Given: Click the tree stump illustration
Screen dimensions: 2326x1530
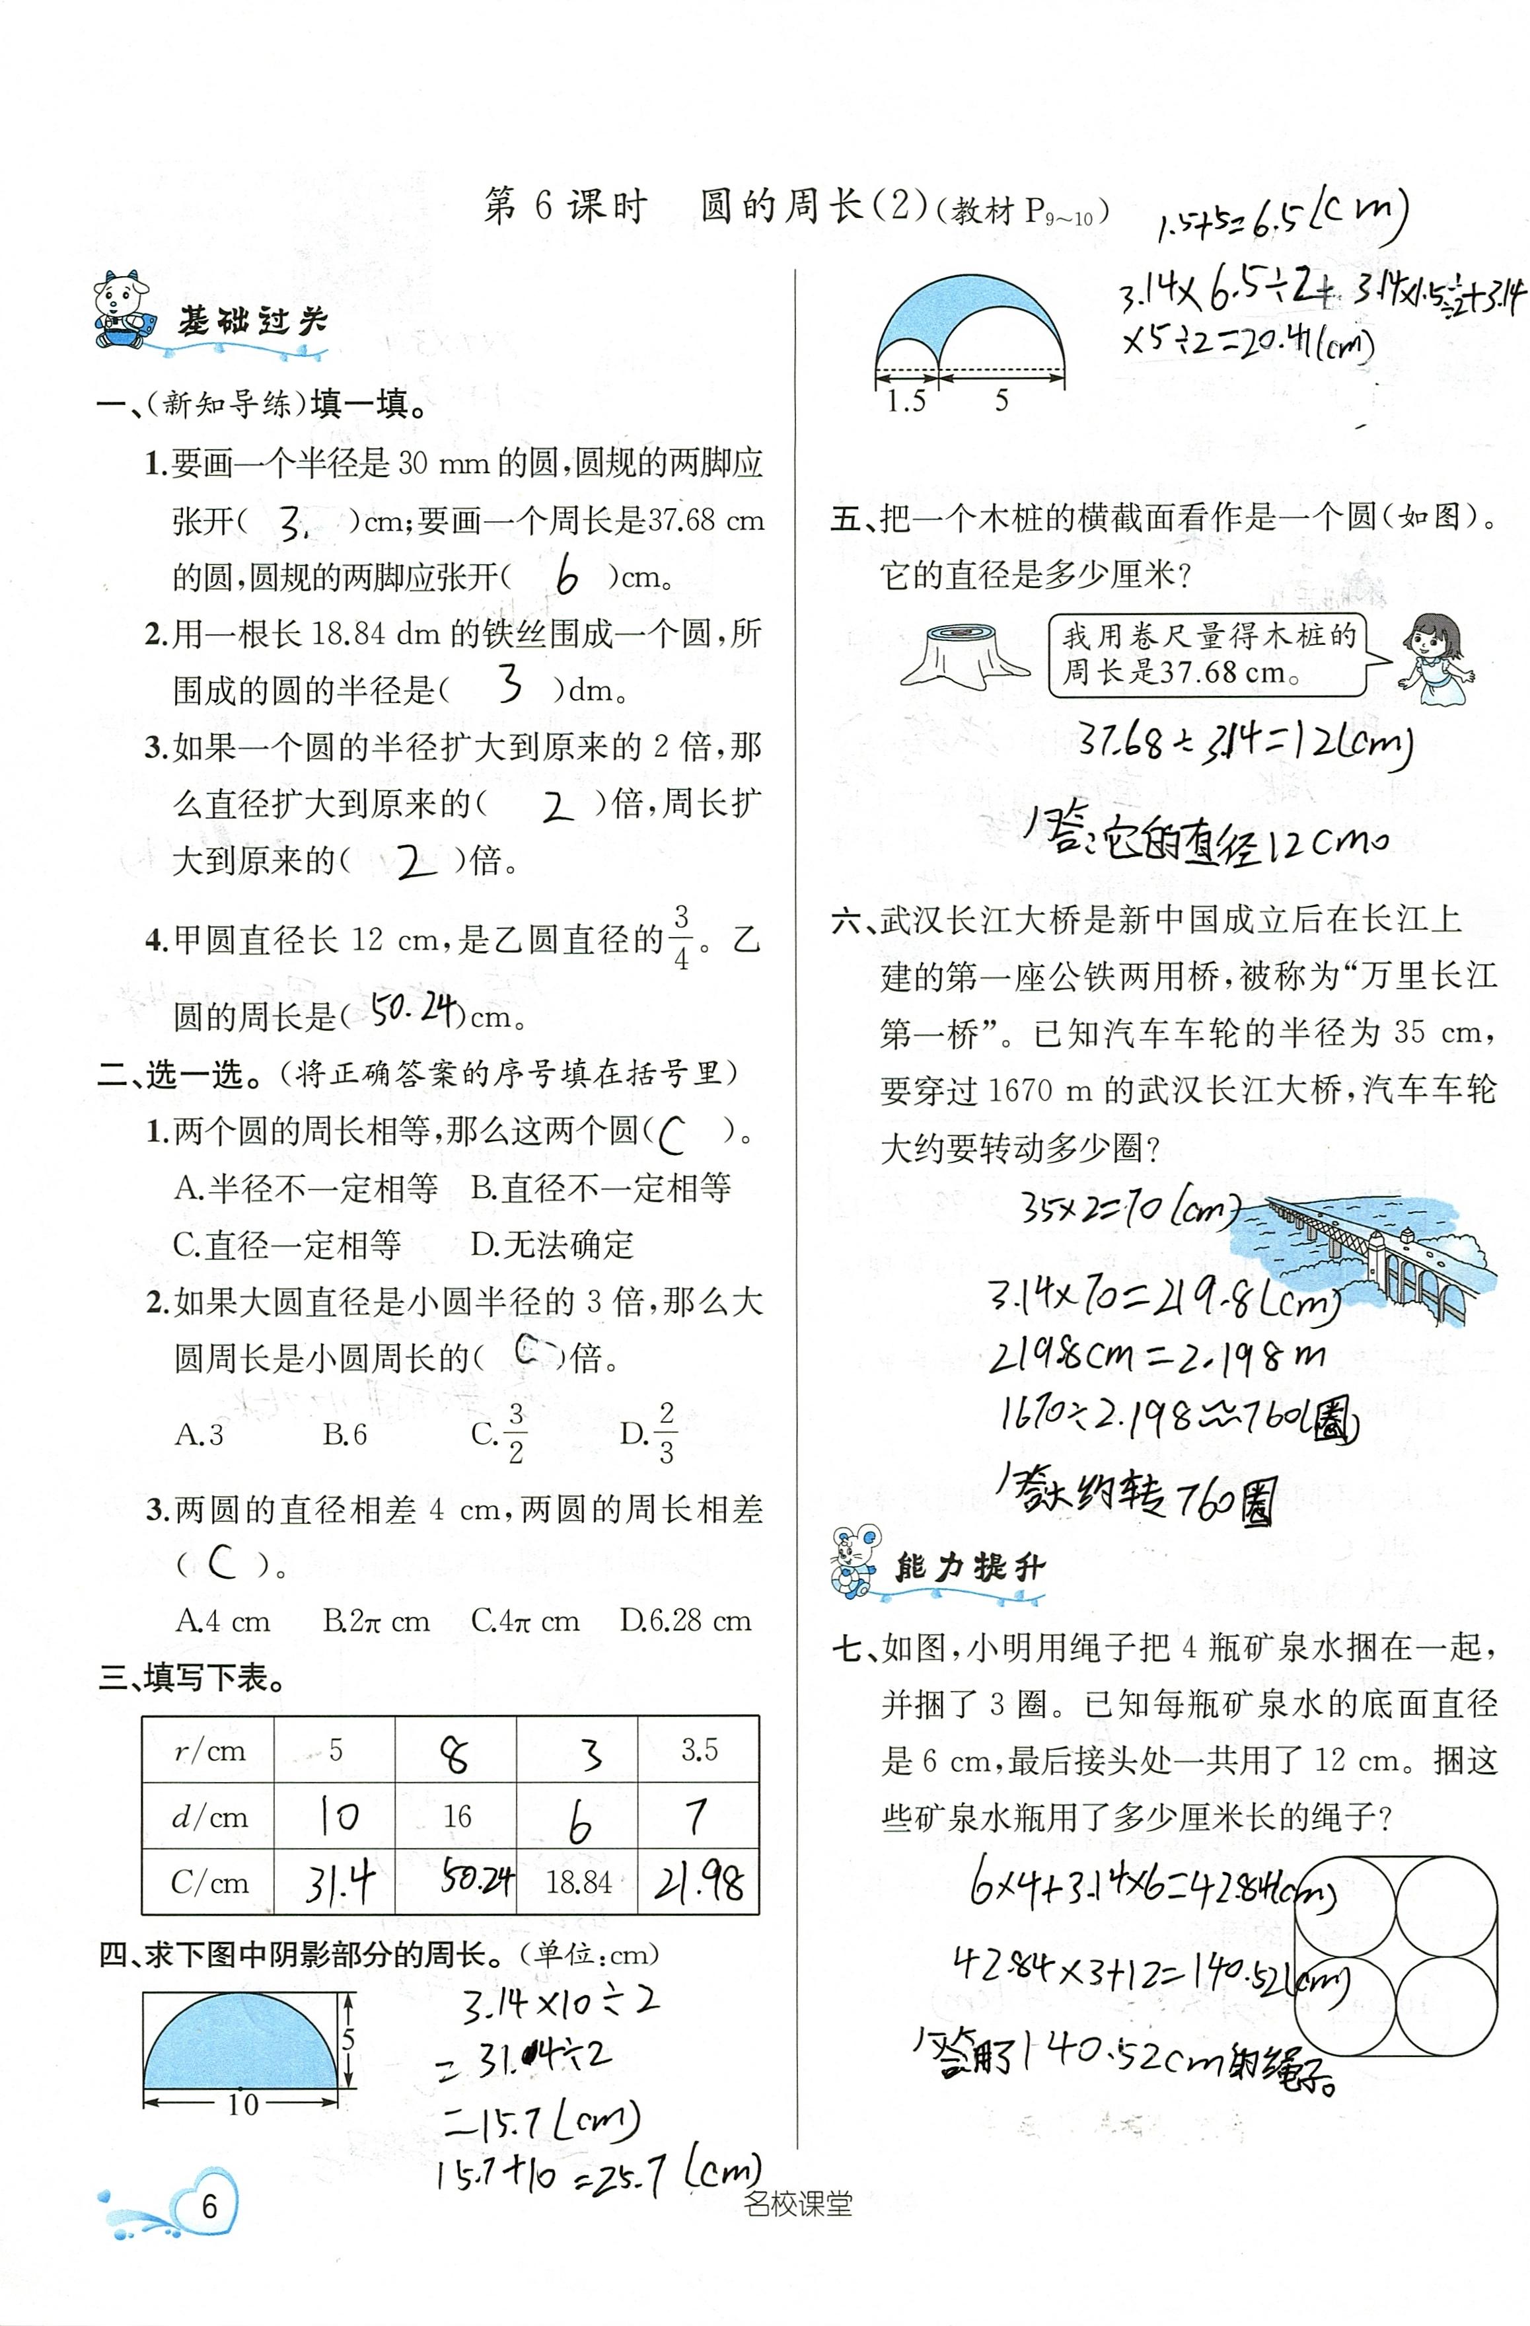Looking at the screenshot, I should tap(963, 653).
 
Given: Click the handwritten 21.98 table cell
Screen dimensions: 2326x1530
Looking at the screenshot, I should tap(698, 1881).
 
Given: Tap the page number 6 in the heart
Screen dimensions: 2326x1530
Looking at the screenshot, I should tap(208, 2206).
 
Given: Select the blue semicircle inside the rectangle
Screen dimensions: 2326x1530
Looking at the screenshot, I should tap(241, 2043).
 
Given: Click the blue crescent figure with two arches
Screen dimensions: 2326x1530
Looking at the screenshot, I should tap(970, 318).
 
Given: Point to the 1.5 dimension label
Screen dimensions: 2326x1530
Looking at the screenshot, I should tap(906, 400).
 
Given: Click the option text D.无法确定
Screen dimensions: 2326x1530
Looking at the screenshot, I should tap(552, 1245).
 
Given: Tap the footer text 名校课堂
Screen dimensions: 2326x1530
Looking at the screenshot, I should tap(797, 2204).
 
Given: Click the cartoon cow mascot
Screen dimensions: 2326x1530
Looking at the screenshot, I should tap(122, 310).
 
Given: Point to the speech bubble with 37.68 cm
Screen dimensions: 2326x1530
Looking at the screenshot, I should tap(1208, 654).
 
